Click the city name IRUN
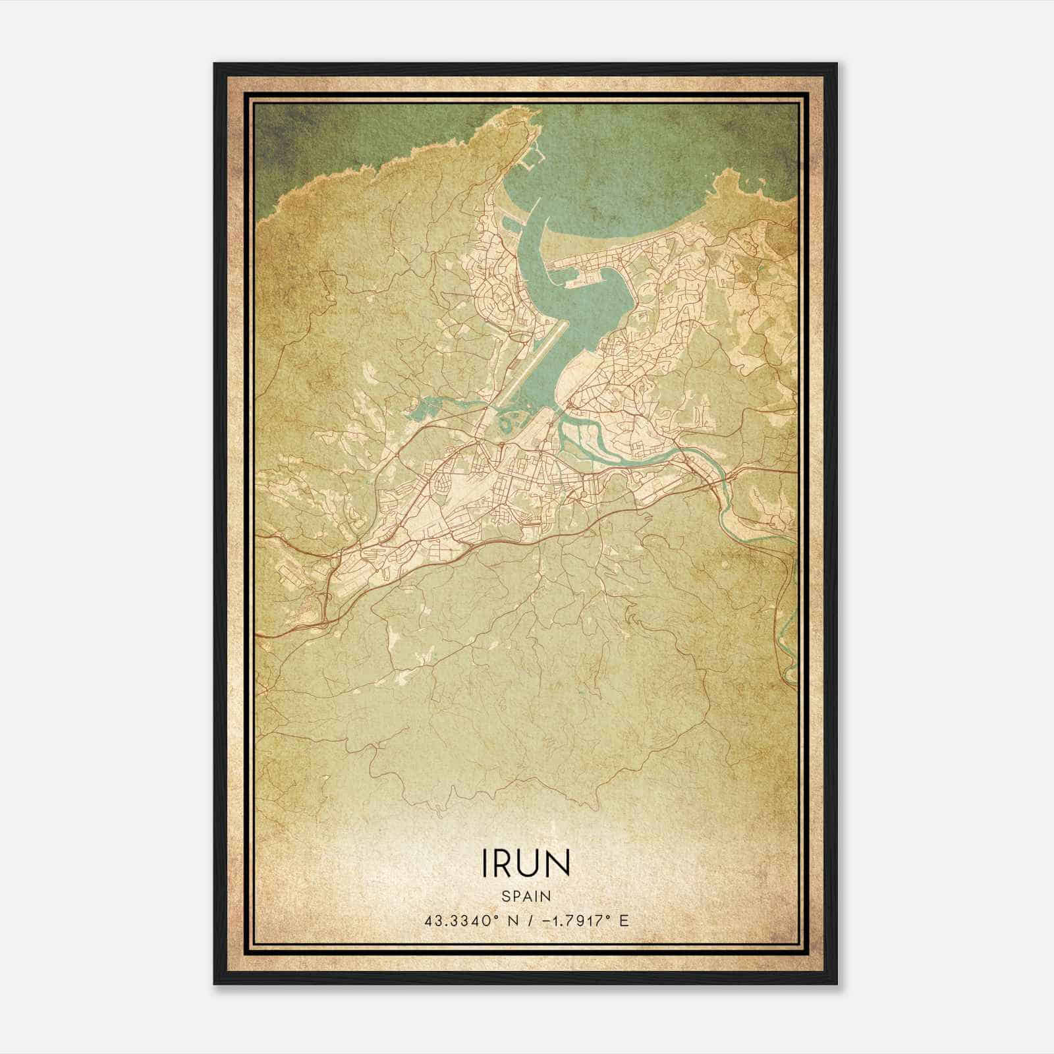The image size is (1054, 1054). pyautogui.click(x=526, y=864)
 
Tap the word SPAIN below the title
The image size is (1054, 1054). pyautogui.click(x=526, y=897)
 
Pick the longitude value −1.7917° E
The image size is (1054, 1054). pyautogui.click(x=584, y=920)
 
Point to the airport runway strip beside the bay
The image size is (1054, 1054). pyautogui.click(x=527, y=369)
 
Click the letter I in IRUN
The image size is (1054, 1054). pyautogui.click(x=486, y=864)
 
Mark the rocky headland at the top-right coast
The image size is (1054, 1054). pyautogui.click(x=731, y=181)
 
